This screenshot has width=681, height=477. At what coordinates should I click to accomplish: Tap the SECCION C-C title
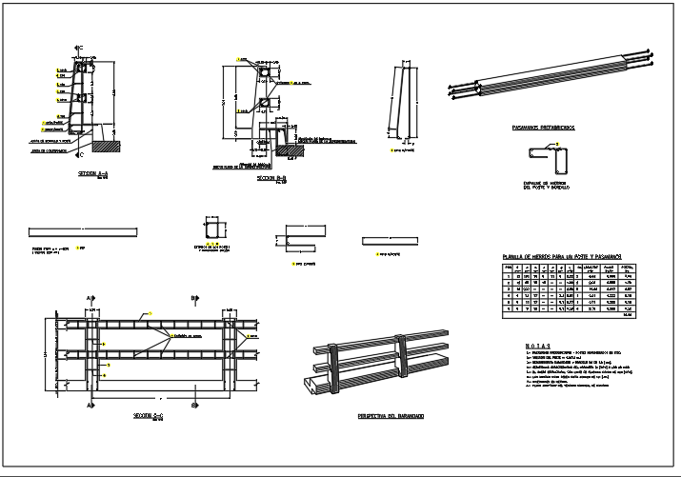150,416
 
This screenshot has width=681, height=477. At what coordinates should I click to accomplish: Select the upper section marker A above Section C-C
90,298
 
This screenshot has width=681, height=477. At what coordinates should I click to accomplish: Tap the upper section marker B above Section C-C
194,298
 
